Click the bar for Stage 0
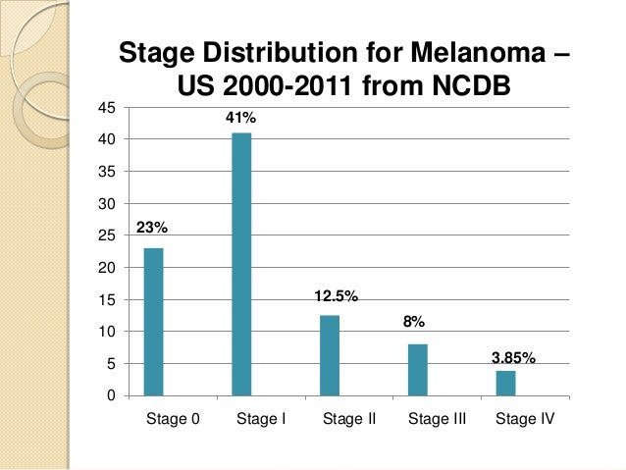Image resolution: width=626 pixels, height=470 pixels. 153,322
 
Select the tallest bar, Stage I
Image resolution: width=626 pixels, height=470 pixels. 241,264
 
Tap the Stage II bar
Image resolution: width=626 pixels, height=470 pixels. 330,355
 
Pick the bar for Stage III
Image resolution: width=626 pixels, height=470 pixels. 418,370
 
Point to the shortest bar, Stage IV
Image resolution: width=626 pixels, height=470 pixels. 505,383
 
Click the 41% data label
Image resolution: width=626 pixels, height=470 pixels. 241,119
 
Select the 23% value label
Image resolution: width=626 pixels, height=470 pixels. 152,228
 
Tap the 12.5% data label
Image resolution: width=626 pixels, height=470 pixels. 337,295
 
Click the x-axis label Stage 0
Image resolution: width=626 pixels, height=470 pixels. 173,419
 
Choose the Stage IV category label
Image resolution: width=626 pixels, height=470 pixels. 525,419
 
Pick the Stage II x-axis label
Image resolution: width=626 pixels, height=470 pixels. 349,419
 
